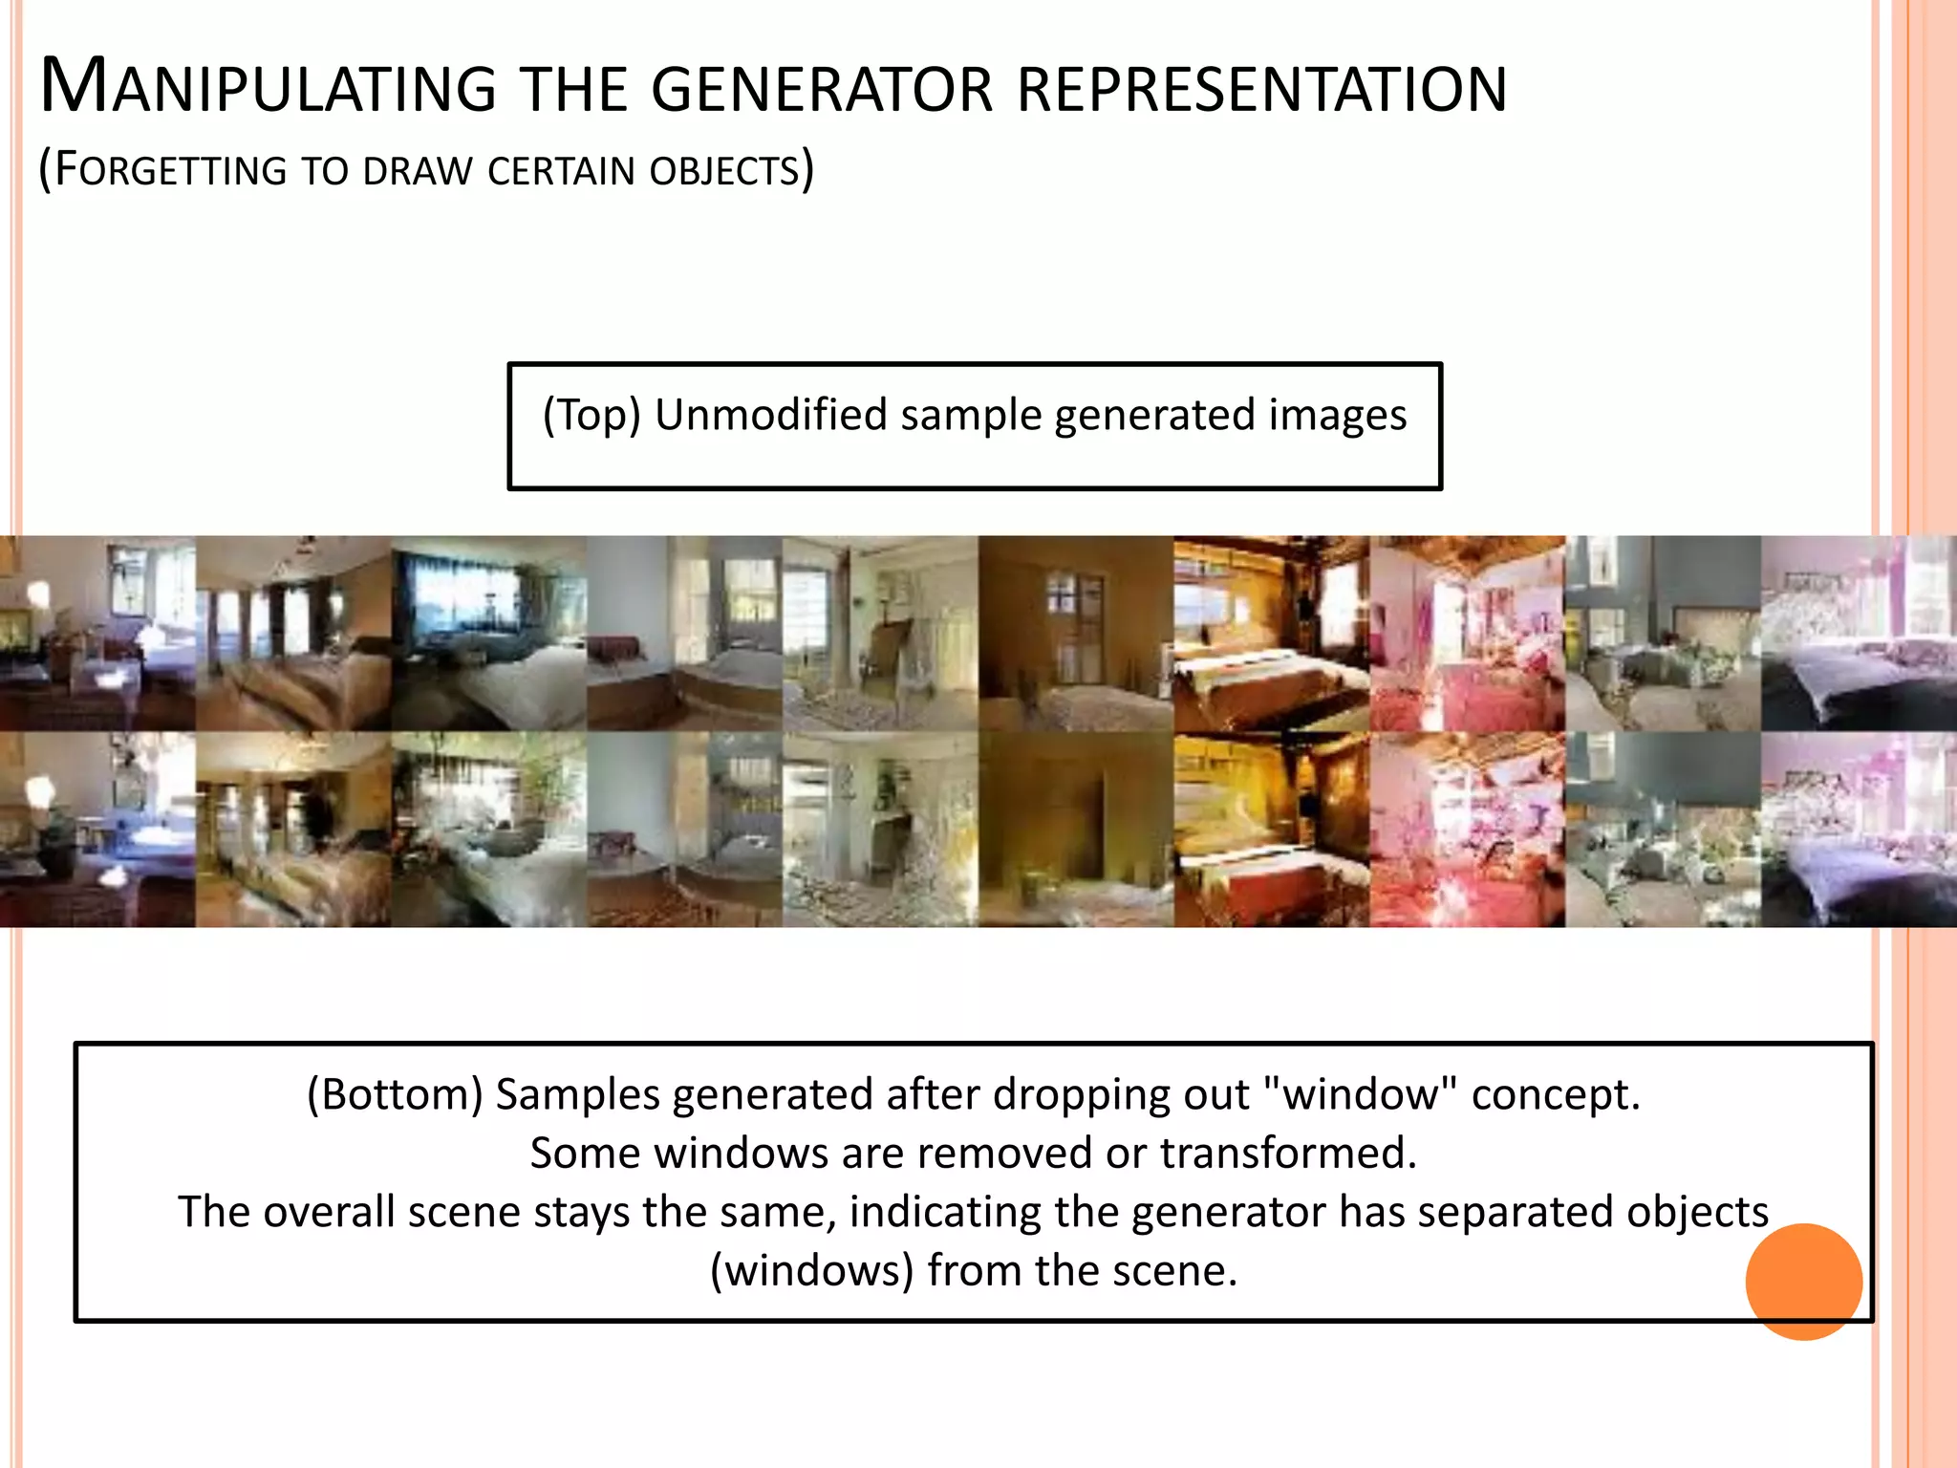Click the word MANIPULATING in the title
[268, 88]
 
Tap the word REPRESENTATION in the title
[1261, 90]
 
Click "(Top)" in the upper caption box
[591, 415]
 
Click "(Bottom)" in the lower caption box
[395, 1094]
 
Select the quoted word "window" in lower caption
[1361, 1094]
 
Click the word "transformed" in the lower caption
[1286, 1153]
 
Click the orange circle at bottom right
[1803, 1282]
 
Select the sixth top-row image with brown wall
[1075, 633]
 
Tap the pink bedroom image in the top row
[1467, 633]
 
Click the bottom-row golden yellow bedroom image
[1271, 830]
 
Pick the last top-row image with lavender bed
[1859, 633]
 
